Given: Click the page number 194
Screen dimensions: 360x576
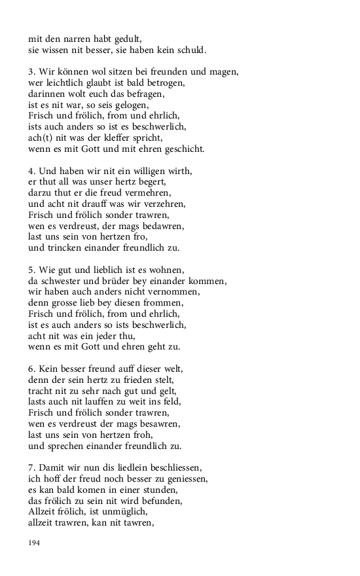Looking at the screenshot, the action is pos(35,543).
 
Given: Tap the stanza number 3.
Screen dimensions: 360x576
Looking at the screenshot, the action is pos(31,71).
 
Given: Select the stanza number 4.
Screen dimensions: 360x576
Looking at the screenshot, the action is pos(31,171).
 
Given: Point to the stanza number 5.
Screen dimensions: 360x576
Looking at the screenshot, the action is pos(31,270).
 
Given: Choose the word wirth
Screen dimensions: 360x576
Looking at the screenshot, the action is pos(177,171).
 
